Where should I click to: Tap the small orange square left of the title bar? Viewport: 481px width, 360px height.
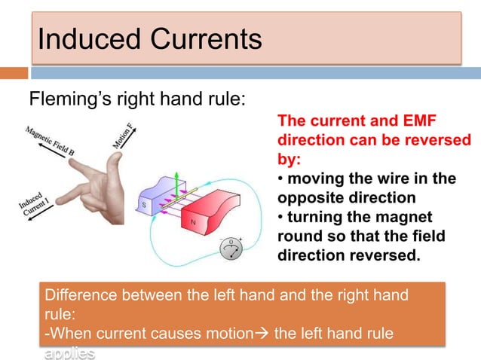14,73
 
